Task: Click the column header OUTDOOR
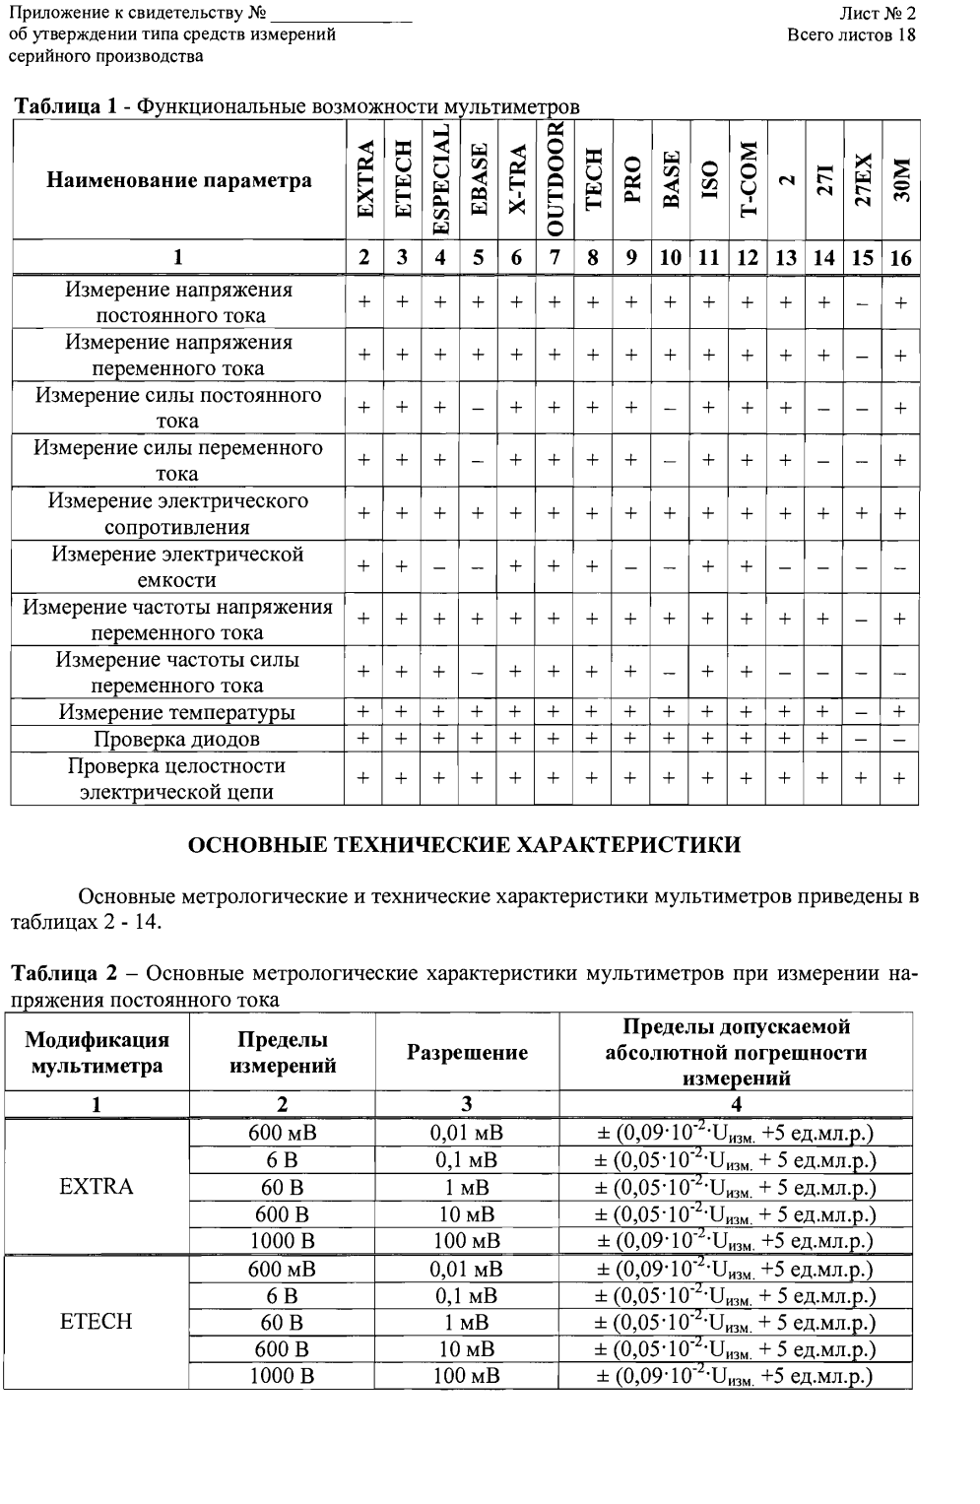555,179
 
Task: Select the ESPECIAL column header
440,179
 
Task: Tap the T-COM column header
748,179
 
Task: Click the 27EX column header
862,179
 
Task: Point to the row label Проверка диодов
177,739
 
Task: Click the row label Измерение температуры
177,712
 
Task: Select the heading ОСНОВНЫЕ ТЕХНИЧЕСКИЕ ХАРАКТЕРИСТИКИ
464,845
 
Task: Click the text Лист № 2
877,14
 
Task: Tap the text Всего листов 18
852,34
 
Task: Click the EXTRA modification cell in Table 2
97,1186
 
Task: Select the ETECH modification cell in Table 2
97,1321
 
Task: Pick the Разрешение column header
467,1052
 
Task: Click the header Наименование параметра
179,180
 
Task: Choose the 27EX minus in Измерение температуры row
862,712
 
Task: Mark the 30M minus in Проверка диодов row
899,739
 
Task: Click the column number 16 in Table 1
899,258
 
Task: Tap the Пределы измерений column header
283,1052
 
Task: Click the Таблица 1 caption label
67,106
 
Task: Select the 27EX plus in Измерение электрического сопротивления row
862,513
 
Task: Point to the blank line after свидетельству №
342,15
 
